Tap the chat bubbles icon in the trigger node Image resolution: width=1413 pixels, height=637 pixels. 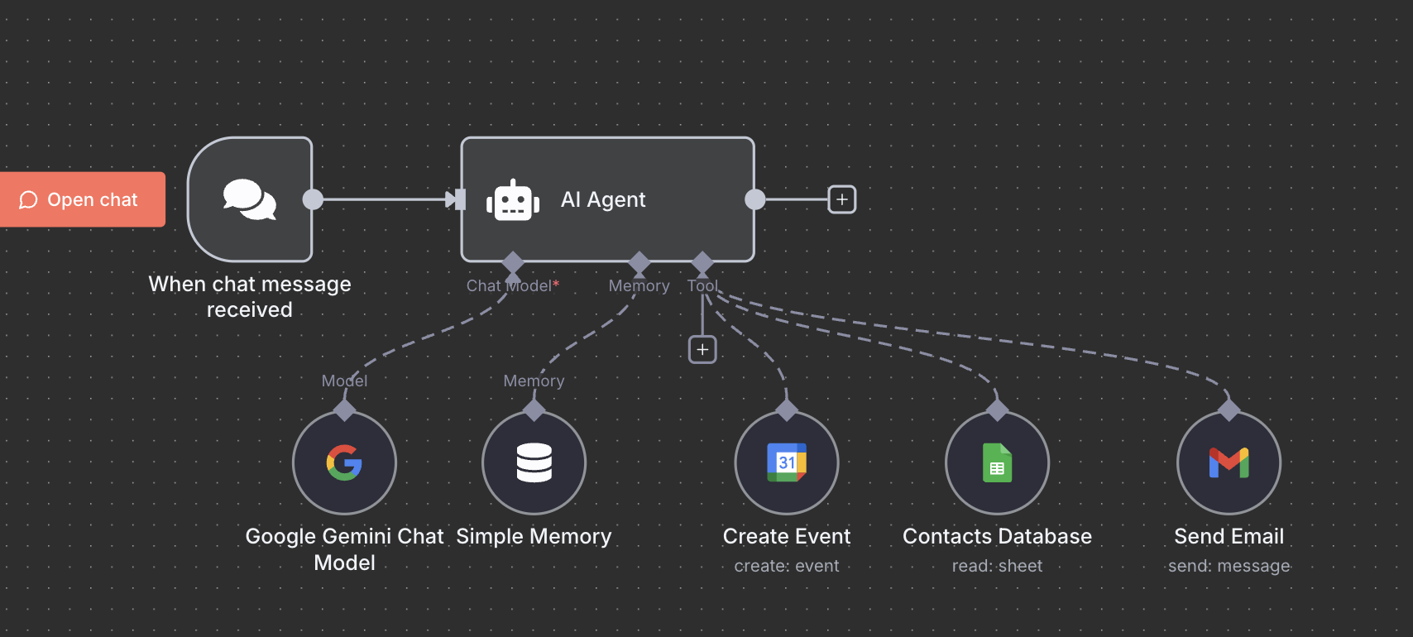(x=249, y=199)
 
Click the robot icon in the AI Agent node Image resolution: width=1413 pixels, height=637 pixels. (x=513, y=200)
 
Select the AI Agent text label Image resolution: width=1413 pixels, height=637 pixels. (x=603, y=199)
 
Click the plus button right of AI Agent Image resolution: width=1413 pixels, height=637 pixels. (x=841, y=199)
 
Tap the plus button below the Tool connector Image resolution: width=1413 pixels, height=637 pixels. (x=702, y=350)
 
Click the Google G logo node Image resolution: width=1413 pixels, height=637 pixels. (x=344, y=462)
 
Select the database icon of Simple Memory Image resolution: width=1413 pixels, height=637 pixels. (x=534, y=462)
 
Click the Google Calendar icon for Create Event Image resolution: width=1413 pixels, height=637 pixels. (x=787, y=462)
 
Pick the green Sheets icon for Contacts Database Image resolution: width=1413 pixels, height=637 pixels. (x=997, y=462)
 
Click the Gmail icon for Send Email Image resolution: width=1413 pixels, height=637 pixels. (x=1229, y=462)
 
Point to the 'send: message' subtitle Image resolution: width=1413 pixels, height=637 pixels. (x=1229, y=566)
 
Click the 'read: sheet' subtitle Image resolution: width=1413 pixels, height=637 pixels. (x=997, y=566)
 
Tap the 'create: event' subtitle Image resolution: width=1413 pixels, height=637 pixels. (x=787, y=566)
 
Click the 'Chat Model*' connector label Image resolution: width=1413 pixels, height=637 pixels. (x=512, y=286)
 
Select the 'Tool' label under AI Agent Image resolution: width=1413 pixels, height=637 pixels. (x=702, y=286)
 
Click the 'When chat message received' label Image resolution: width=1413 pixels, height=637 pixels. (x=250, y=296)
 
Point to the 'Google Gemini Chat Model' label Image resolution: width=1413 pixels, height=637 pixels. (x=344, y=549)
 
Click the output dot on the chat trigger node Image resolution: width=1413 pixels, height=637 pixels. (x=313, y=199)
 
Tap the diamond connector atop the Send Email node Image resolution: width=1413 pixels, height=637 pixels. (x=1229, y=409)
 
